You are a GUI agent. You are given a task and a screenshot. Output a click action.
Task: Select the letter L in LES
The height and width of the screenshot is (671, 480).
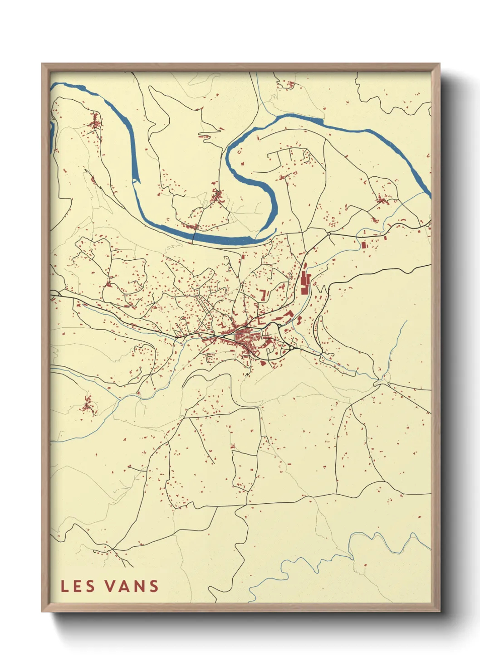64,586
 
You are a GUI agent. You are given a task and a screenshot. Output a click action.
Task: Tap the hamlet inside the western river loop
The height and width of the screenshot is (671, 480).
96,122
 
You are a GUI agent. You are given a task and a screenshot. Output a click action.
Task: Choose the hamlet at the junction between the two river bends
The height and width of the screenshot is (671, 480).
217,196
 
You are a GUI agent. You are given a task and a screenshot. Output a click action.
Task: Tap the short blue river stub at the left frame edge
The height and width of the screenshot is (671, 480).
52,136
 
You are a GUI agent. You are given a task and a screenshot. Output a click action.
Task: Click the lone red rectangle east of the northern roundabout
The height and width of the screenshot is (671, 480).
364,244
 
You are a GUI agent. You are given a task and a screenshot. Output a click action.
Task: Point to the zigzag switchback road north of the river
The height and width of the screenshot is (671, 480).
205,134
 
